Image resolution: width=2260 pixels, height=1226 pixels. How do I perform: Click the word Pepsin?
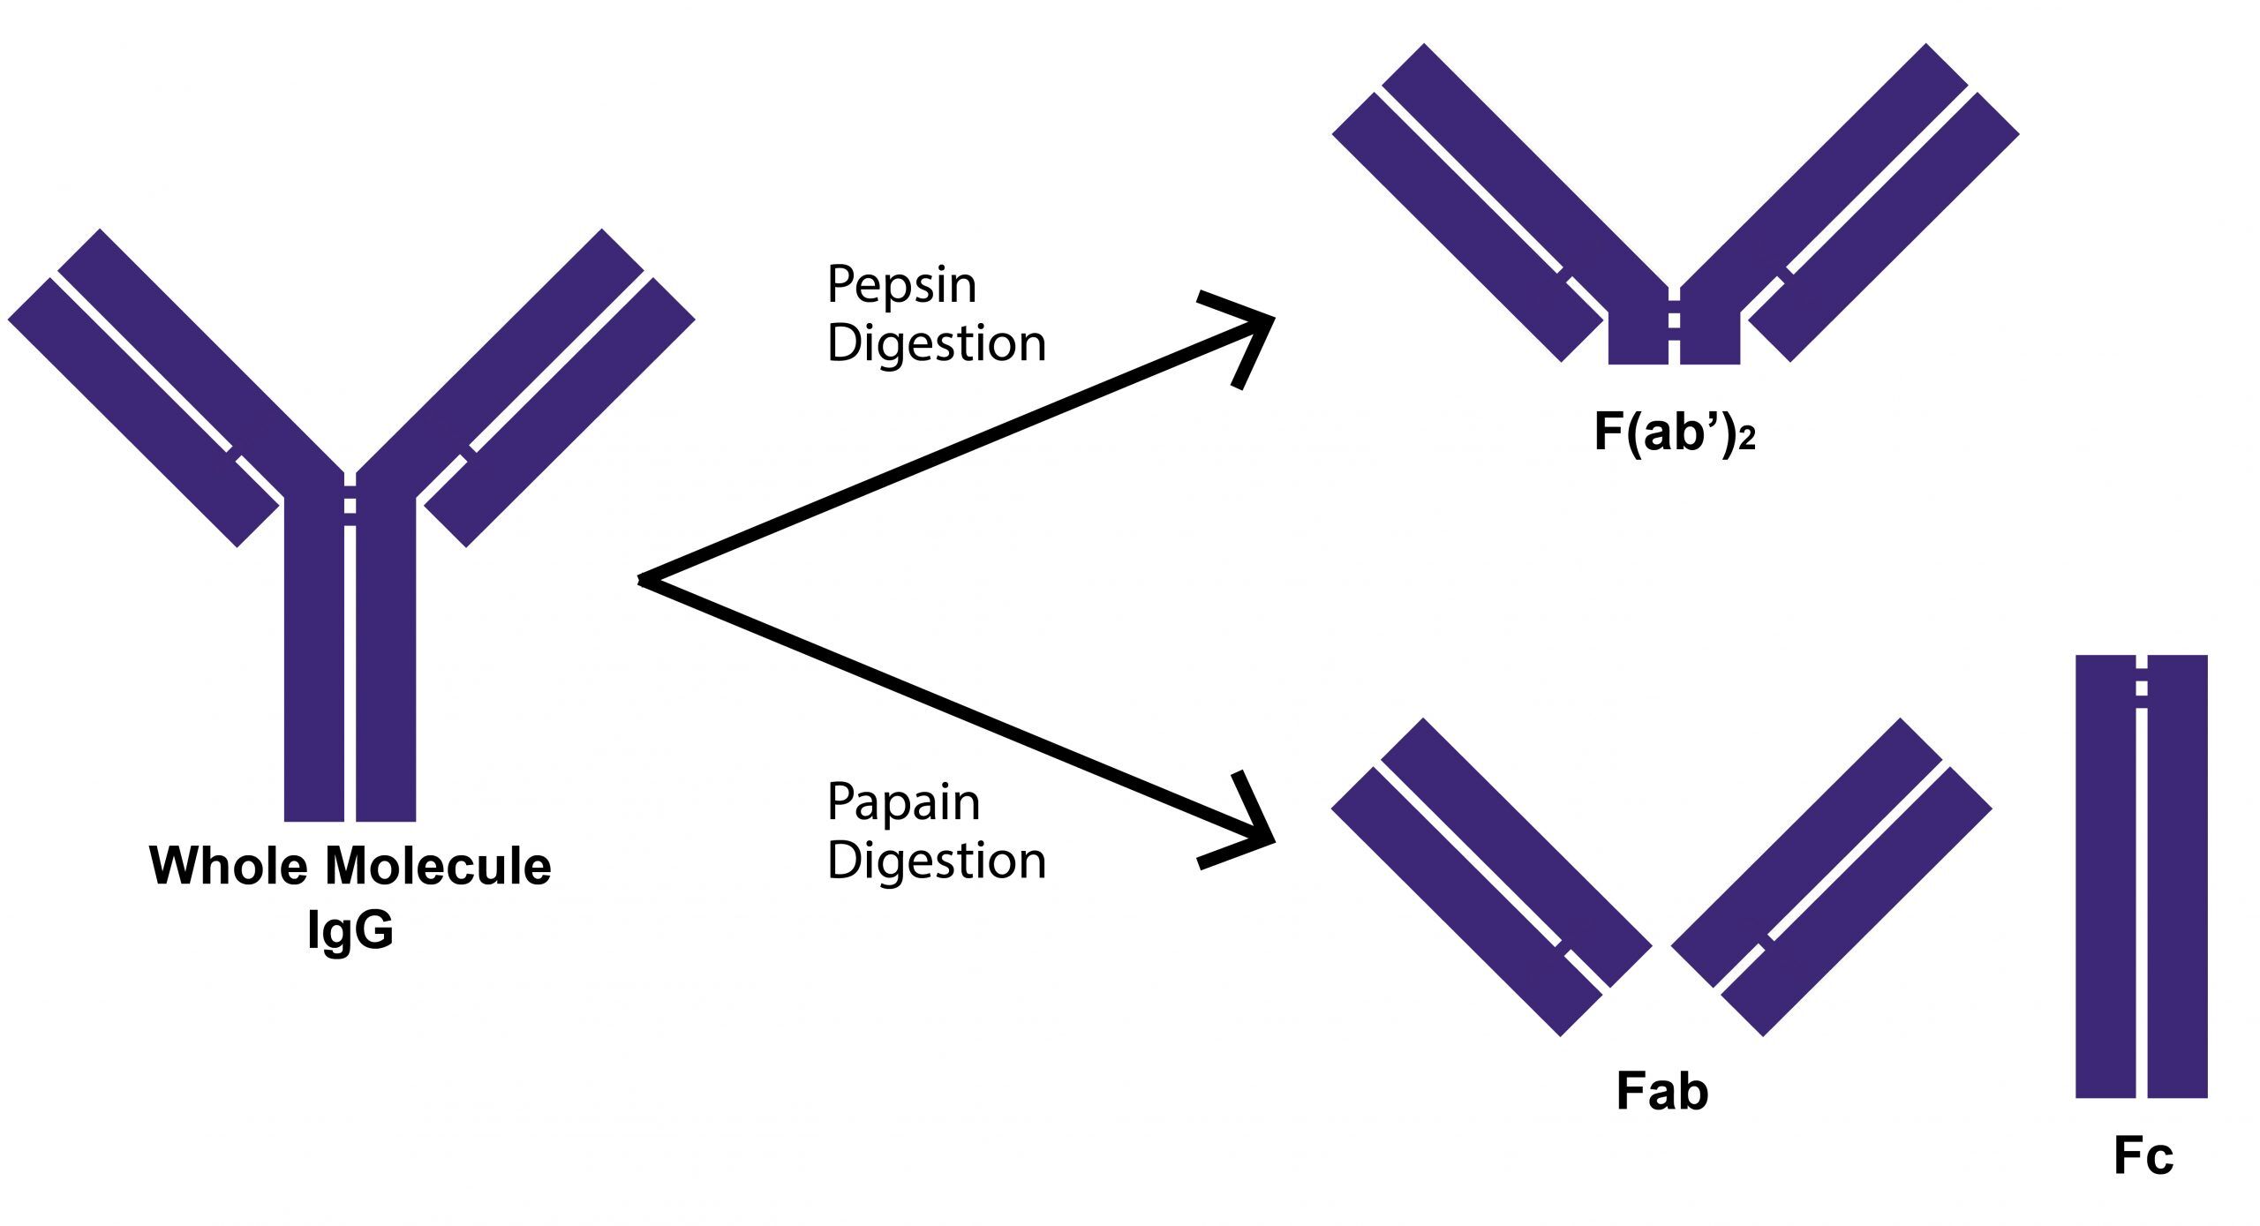(901, 286)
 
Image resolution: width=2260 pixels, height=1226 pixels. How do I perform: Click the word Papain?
(903, 803)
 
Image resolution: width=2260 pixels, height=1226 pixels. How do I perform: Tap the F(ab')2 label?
(1674, 433)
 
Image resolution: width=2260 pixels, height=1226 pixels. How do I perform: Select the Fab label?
(1662, 1092)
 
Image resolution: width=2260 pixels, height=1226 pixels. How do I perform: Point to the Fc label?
(2143, 1156)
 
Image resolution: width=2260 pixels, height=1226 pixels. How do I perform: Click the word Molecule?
(438, 866)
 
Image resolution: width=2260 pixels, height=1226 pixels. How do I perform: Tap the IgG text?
(350, 929)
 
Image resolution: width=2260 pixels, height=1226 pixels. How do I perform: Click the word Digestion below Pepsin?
(936, 343)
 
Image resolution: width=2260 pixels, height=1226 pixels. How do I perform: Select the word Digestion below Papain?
(936, 861)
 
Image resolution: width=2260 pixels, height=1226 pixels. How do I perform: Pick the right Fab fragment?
(1832, 876)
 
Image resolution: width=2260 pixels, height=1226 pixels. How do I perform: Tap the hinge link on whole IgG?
(350, 506)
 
